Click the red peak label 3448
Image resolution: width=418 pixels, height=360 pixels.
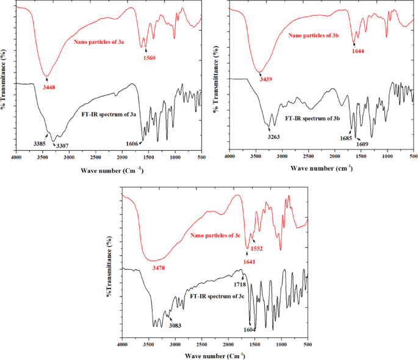click(49, 87)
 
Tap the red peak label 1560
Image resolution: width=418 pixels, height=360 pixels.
click(149, 58)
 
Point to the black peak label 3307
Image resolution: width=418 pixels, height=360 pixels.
click(63, 145)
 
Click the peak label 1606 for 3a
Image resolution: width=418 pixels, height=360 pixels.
click(131, 143)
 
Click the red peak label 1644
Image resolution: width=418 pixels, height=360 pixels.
click(358, 51)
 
